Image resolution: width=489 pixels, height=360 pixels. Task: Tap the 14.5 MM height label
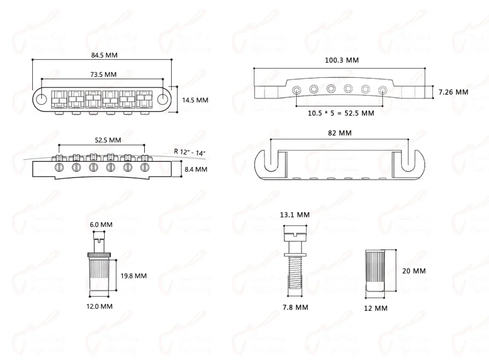point(195,100)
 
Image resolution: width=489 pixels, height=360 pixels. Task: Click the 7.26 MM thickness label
point(453,91)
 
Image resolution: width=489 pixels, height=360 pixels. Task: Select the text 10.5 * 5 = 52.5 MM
point(341,113)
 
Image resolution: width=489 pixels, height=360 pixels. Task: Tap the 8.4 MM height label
point(195,169)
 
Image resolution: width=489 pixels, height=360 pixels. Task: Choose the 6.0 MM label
point(101,225)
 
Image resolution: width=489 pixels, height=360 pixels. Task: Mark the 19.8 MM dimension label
point(133,275)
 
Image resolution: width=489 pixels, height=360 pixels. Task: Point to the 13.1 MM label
point(295,215)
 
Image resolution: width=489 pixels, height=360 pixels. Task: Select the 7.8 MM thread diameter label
point(295,307)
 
